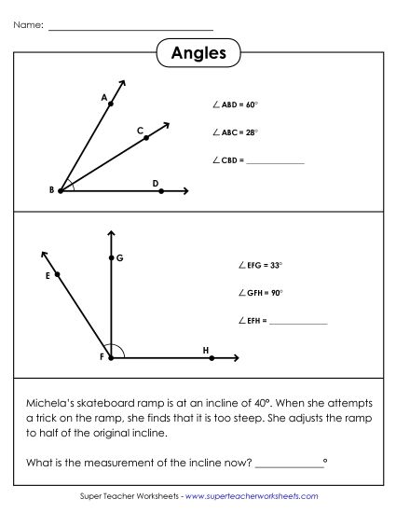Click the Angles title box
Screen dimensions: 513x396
pos(198,53)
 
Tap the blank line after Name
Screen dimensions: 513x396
pos(130,28)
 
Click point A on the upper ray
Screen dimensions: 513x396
pos(111,104)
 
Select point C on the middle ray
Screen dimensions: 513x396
pos(146,137)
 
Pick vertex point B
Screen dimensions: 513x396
pos(61,190)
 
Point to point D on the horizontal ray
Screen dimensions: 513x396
pos(161,190)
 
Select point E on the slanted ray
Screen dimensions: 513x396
pos(58,274)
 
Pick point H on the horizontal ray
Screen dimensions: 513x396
pos(212,357)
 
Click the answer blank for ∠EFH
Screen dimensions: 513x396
pos(299,322)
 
